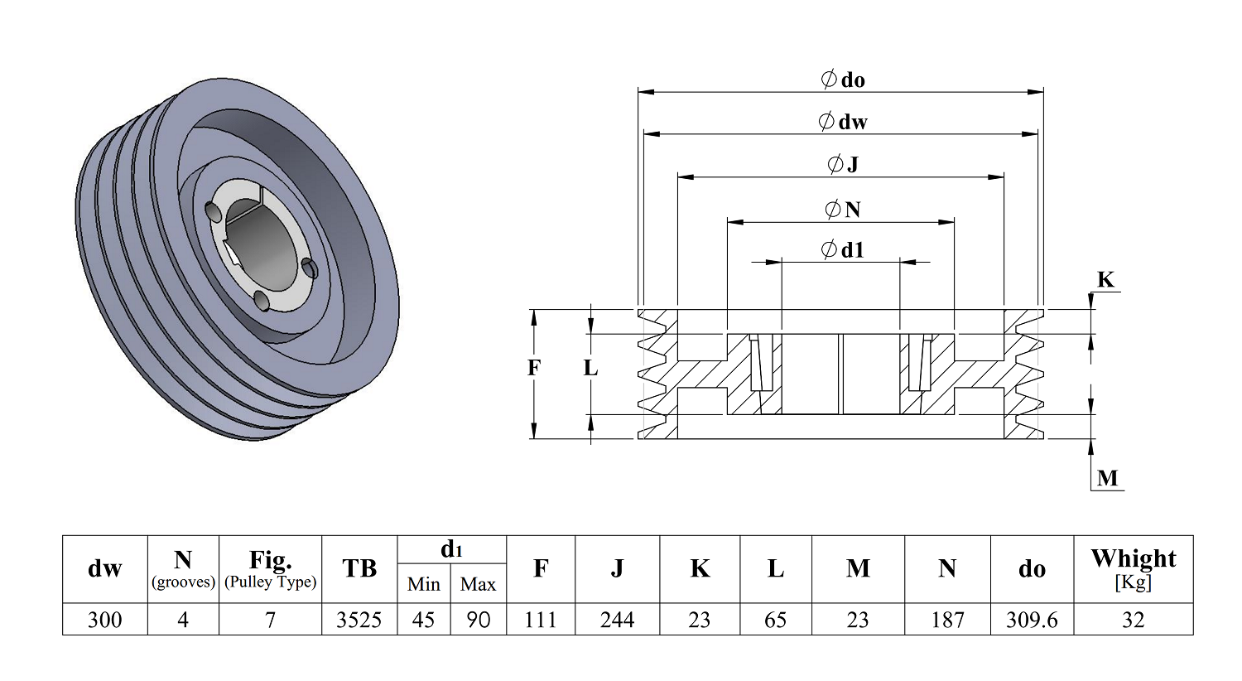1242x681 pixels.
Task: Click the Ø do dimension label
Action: pos(843,80)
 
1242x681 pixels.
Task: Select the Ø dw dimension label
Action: pos(843,122)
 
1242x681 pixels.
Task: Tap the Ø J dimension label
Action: pos(843,164)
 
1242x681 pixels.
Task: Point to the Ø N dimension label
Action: pos(843,210)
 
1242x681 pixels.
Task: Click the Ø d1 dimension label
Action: pos(843,250)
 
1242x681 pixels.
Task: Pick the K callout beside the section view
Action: pos(1105,279)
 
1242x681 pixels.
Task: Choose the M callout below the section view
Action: pos(1107,477)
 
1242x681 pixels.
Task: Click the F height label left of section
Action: pos(533,368)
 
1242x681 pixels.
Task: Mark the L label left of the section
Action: pos(590,368)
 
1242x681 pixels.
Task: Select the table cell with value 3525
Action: pos(359,620)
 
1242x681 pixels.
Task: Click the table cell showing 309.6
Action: pos(1032,620)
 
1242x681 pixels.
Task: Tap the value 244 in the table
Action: pos(617,620)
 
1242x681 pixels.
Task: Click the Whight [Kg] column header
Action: pos(1134,569)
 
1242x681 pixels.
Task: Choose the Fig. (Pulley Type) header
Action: pos(270,569)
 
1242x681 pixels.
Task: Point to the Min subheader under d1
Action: pos(424,584)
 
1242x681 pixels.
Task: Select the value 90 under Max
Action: pos(478,620)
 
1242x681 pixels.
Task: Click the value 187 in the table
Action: pos(947,620)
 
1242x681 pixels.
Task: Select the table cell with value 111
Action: pos(541,620)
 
